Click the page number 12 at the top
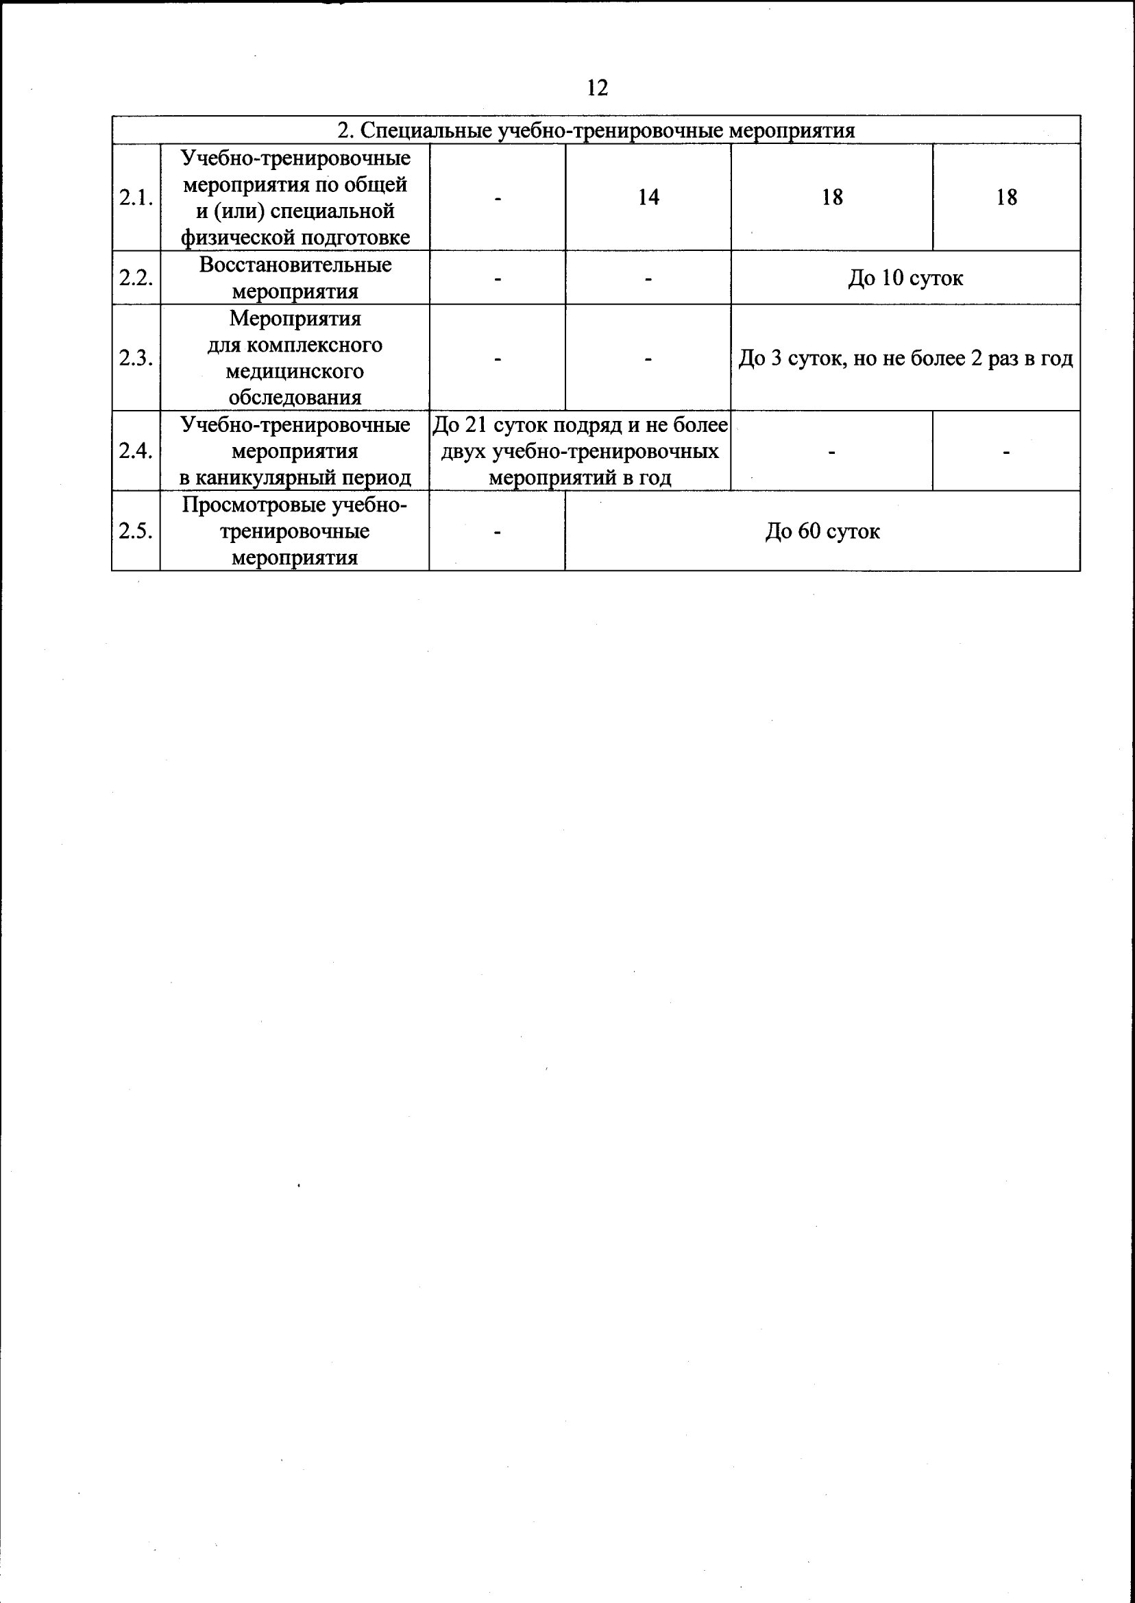coord(598,88)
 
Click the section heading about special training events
coord(596,131)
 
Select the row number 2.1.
coord(136,198)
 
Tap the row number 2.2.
coord(136,278)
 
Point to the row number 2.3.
coord(136,358)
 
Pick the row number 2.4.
coord(136,451)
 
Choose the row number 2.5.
coord(136,531)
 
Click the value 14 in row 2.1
coord(648,198)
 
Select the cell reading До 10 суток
coord(905,278)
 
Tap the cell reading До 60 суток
coord(822,531)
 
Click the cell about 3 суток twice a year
coord(905,359)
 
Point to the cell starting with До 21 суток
coord(580,451)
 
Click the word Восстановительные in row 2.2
coord(295,265)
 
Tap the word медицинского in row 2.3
coord(295,371)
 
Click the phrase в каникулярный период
coord(295,477)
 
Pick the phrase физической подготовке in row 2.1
coord(295,238)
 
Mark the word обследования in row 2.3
coord(295,398)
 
